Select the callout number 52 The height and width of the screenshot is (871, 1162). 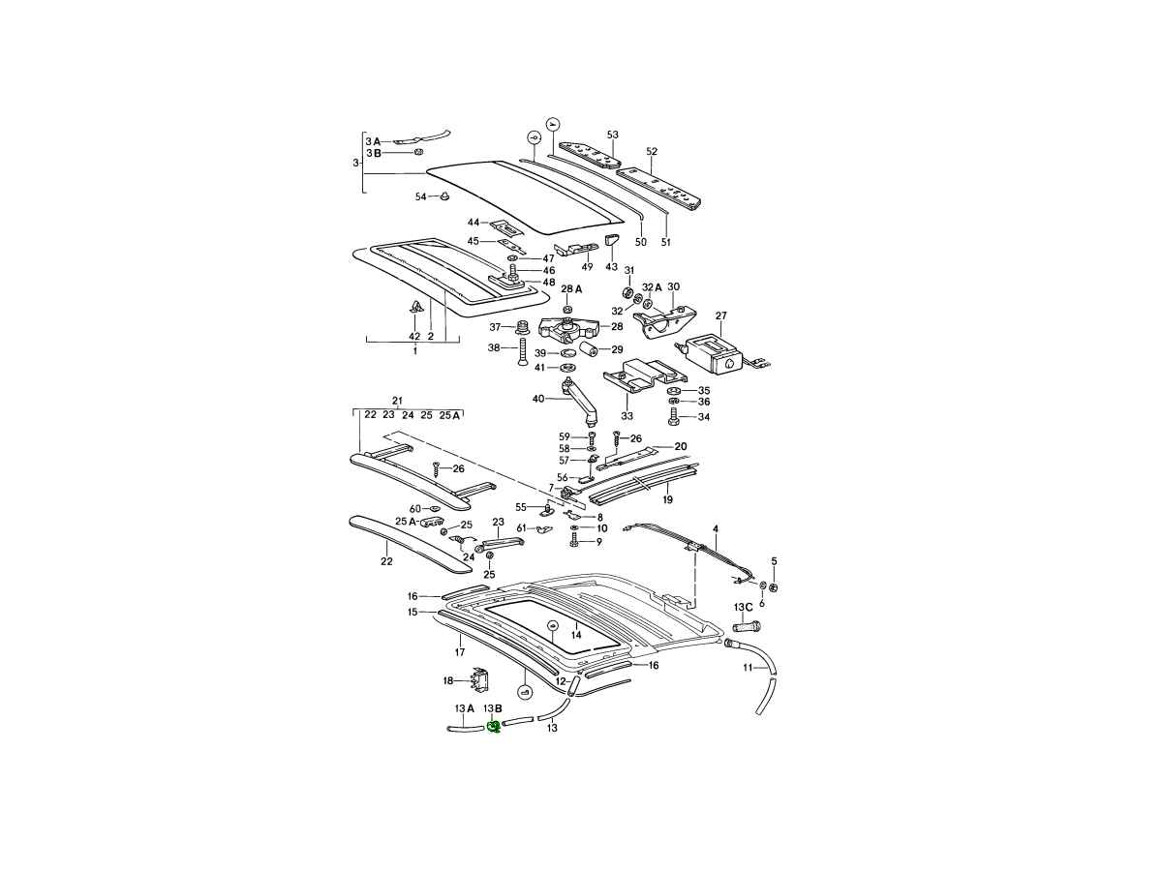[x=652, y=152]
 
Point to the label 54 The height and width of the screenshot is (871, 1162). [x=420, y=196]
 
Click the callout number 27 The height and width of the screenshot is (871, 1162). [x=720, y=315]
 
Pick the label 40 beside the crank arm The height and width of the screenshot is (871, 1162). [x=538, y=399]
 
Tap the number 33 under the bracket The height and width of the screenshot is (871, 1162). [x=627, y=416]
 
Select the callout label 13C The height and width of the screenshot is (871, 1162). [x=743, y=607]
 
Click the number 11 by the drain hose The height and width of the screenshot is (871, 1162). [x=748, y=668]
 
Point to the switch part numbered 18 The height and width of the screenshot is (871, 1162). [x=481, y=681]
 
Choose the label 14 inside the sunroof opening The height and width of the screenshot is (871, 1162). [x=575, y=635]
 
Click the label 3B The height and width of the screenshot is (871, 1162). [x=373, y=153]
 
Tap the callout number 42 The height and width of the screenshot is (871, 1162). [x=414, y=336]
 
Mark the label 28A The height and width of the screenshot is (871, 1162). [x=571, y=288]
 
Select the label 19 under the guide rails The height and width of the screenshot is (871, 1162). [x=667, y=500]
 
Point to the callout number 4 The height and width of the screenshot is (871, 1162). [x=717, y=529]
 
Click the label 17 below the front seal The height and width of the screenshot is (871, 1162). [x=461, y=651]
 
